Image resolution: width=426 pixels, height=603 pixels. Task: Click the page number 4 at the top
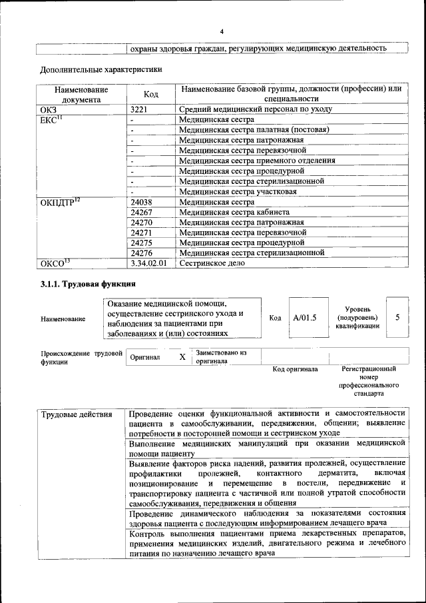(222, 31)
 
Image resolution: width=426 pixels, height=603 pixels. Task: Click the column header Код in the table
(150, 94)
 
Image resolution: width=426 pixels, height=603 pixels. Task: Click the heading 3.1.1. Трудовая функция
(83, 285)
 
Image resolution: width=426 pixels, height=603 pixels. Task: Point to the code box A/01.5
(305, 318)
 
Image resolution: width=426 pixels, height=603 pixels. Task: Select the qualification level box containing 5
(397, 317)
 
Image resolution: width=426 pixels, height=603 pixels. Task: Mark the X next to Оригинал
(182, 357)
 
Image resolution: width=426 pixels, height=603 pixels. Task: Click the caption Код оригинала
(295, 369)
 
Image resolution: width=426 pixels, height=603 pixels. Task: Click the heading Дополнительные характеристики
(101, 69)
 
